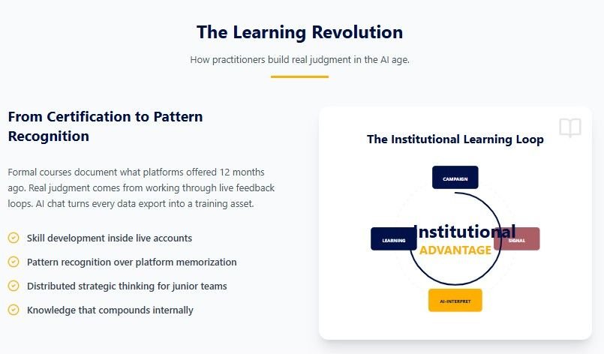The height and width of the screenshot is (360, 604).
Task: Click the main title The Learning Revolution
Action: coord(299,32)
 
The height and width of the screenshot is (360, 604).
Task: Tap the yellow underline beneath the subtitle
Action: coord(299,76)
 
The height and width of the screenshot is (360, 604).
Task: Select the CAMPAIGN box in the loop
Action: coord(455,178)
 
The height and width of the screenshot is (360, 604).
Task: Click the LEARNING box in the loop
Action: coord(393,239)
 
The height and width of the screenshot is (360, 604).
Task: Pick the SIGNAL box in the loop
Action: coord(518,239)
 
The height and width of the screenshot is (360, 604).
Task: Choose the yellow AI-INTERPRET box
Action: coord(455,300)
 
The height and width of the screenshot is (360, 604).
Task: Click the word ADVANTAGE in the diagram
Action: coord(455,250)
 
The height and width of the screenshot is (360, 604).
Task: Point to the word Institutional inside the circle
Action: coord(464,232)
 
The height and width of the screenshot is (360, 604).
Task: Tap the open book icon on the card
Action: coord(570,128)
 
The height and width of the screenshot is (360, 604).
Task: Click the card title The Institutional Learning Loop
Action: coord(455,139)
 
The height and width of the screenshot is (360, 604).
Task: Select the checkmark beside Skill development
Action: coord(14,238)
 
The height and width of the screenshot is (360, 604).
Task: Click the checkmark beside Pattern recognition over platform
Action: coord(14,262)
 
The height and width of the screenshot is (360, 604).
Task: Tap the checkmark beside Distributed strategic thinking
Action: coord(14,286)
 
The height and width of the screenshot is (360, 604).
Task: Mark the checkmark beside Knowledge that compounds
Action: coord(14,310)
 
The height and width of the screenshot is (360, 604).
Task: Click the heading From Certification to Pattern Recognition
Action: coord(105,126)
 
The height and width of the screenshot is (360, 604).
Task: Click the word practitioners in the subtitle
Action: coord(239,60)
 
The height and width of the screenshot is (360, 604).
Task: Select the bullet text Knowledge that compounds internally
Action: coord(110,310)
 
